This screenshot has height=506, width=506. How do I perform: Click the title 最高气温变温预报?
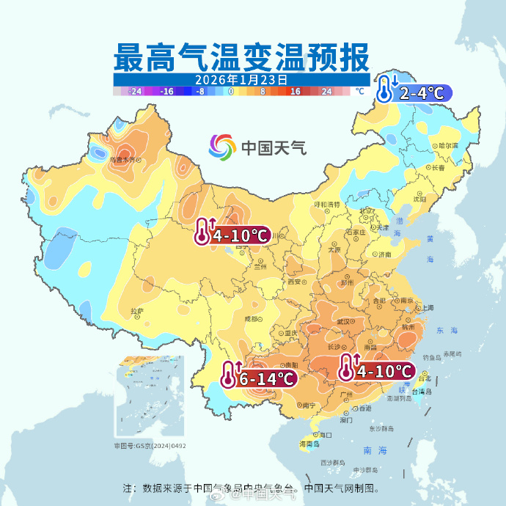(x=241, y=56)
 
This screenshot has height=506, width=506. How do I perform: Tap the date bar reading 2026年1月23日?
(x=241, y=79)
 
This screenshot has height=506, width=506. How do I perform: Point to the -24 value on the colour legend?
(x=134, y=92)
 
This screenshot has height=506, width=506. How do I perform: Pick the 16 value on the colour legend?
(x=295, y=92)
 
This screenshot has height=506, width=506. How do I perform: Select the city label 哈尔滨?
(x=447, y=146)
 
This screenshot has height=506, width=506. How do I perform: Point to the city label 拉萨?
(x=137, y=311)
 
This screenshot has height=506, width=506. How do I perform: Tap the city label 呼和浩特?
(x=327, y=205)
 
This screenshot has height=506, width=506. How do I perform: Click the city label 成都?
(x=252, y=318)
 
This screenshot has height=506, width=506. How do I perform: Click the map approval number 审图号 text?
(x=150, y=445)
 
